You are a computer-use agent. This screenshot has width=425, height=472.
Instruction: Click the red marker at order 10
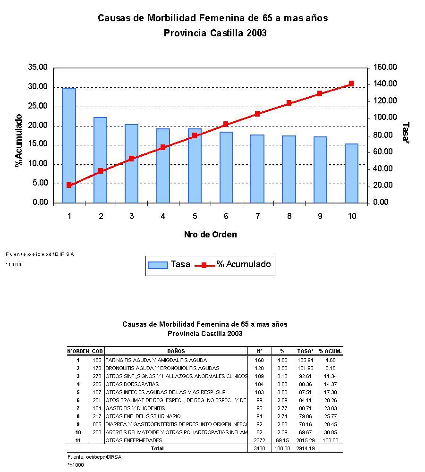[351, 84]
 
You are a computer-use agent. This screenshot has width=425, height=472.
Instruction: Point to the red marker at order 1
[69, 185]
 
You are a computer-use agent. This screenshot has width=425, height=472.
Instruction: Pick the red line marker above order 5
[195, 135]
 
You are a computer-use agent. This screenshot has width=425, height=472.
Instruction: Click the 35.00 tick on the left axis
[38, 67]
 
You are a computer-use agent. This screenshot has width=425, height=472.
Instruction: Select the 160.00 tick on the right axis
[385, 67]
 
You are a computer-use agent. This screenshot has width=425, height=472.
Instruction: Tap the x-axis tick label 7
[257, 216]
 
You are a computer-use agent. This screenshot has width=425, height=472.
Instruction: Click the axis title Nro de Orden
[210, 235]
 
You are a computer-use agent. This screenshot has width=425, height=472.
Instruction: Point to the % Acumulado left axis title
[19, 140]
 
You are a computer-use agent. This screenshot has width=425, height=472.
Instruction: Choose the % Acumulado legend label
[244, 264]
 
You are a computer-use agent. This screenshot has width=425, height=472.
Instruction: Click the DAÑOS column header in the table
[176, 351]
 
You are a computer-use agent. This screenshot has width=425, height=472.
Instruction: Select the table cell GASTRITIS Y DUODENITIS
[135, 408]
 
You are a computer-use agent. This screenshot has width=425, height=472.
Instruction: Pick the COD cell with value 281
[97, 400]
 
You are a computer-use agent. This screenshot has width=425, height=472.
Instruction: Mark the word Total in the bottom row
[157, 448]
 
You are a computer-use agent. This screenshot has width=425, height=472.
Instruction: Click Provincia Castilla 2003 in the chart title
[215, 34]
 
